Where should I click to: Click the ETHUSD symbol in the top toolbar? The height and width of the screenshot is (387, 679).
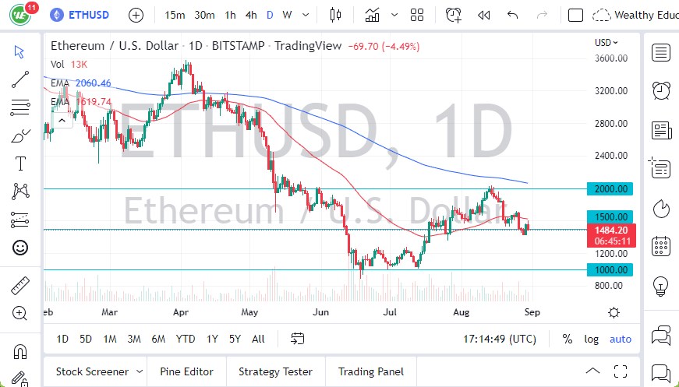(87, 15)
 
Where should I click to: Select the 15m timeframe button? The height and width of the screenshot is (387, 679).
(175, 15)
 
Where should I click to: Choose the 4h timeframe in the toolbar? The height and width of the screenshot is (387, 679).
(251, 15)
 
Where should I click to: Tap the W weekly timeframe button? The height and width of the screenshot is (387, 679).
(288, 15)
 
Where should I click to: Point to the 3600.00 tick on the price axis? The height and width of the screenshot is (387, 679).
(612, 58)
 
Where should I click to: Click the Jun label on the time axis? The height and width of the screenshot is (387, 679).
(320, 311)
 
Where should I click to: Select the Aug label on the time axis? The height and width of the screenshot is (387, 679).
(463, 311)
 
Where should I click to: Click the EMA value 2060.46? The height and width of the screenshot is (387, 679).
(93, 83)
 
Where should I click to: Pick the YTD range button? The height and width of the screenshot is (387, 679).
(186, 339)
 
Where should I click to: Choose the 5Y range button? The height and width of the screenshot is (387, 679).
(235, 339)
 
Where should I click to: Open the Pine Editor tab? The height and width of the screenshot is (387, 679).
(187, 372)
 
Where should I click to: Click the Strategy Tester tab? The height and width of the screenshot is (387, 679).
(275, 372)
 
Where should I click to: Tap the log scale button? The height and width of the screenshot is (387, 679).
(592, 339)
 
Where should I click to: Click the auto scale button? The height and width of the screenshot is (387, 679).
(621, 339)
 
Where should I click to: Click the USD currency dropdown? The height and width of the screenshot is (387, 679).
(607, 43)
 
